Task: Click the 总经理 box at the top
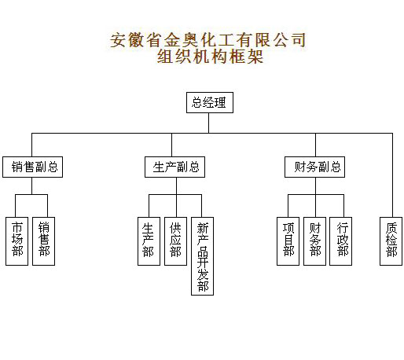(210, 102)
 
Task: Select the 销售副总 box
(32, 167)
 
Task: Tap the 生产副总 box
(174, 167)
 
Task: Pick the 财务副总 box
(314, 167)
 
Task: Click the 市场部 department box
(17, 241)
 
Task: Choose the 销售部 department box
(43, 241)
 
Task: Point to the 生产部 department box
(149, 241)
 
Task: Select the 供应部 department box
(175, 241)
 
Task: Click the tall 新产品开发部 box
(202, 256)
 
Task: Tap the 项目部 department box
(288, 241)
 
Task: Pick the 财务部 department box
(314, 241)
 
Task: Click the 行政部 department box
(340, 241)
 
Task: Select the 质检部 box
(391, 241)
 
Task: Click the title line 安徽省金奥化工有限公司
(208, 40)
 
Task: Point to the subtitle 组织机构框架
(210, 57)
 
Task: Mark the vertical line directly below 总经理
(208, 123)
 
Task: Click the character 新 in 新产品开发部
(203, 228)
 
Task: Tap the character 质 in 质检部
(391, 228)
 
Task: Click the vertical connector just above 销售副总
(31, 145)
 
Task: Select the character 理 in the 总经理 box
(220, 102)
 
